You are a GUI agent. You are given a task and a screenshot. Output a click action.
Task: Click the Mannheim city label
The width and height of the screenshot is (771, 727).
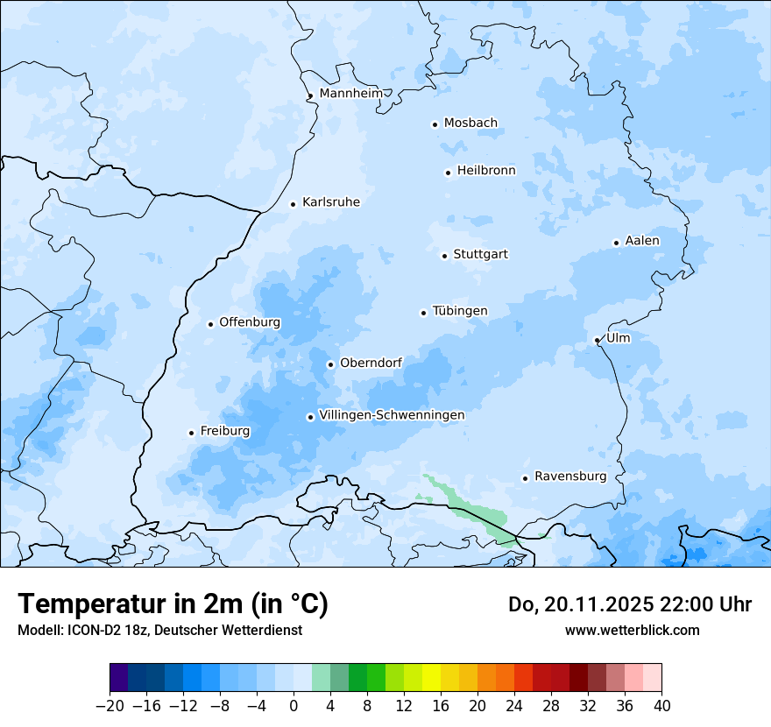click(351, 94)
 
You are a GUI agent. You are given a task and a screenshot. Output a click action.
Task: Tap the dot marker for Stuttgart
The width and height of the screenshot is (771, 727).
click(444, 256)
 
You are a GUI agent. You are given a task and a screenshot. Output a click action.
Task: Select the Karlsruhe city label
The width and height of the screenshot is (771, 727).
click(331, 202)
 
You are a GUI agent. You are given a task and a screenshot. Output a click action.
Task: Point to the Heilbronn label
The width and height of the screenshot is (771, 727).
click(486, 171)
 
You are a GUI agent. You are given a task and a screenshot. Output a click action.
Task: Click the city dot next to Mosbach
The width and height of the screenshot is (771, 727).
click(435, 124)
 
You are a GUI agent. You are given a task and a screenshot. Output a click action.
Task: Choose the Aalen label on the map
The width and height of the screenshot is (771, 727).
click(642, 241)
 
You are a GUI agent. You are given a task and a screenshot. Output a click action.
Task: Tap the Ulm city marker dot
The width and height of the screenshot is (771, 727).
click(597, 340)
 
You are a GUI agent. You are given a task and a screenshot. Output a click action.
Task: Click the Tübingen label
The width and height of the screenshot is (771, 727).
click(460, 311)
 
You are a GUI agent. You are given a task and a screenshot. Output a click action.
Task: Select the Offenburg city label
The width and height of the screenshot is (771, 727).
click(250, 322)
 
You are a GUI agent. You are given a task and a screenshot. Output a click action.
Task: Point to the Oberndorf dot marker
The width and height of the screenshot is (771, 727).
click(330, 364)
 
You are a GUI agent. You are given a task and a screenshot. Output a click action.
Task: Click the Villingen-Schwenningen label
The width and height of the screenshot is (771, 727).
click(392, 415)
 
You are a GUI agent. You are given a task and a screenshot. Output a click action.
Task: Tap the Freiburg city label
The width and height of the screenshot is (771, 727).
click(225, 431)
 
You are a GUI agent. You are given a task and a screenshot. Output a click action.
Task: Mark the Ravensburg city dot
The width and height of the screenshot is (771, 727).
click(525, 478)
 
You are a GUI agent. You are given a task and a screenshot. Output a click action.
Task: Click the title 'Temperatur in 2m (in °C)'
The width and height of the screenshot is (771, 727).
click(173, 603)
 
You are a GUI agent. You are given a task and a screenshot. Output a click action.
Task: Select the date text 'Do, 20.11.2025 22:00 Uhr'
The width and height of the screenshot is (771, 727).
click(630, 604)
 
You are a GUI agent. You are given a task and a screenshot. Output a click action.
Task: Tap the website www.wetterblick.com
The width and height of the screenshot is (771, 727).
click(632, 631)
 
